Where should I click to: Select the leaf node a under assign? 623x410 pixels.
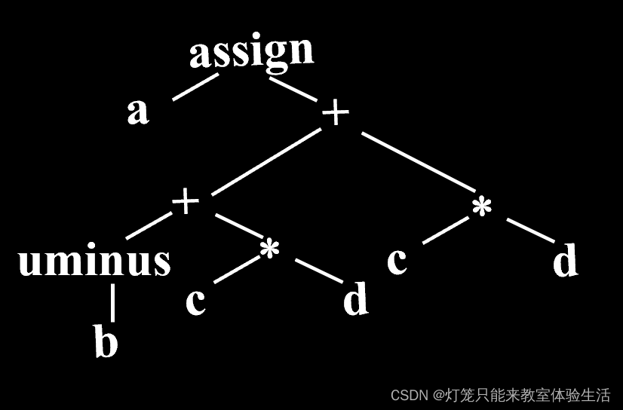137,112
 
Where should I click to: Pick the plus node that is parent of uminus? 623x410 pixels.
186,202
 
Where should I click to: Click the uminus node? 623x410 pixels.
94,261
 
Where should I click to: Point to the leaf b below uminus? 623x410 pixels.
106,342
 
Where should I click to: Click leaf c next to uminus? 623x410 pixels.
195,301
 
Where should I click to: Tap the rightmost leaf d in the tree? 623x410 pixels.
565,261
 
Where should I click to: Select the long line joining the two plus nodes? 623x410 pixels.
264,161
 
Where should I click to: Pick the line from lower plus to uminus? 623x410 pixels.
149,227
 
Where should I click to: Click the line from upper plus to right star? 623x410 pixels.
417,163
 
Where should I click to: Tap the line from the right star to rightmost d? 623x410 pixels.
530,231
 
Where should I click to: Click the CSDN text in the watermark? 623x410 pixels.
410,395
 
